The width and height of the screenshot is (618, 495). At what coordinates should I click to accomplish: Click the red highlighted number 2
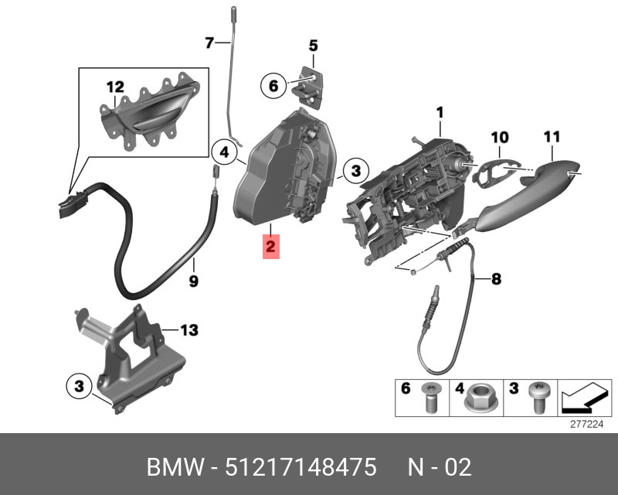pos(270,248)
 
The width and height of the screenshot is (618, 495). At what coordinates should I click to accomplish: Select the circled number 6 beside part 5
pos(273,85)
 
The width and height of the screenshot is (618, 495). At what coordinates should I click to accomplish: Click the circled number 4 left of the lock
pos(224,152)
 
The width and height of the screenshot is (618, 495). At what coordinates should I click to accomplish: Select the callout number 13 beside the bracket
pos(189,330)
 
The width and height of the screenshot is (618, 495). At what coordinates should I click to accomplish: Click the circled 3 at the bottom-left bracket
pos(78,384)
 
